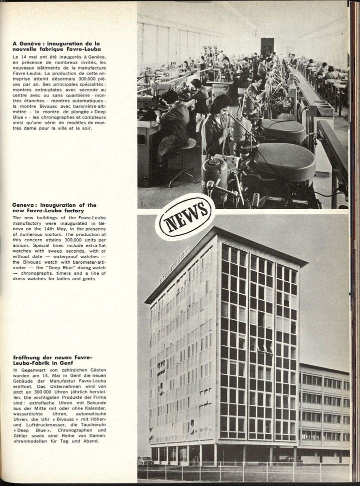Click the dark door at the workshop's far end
click(267, 47)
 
